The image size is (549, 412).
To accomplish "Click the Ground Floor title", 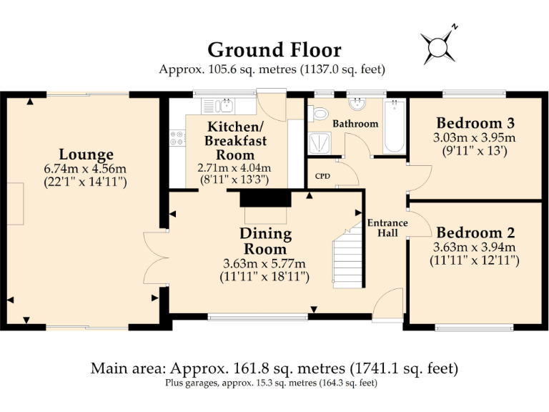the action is tap(274, 50).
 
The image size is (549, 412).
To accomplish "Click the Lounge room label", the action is tap(86, 154).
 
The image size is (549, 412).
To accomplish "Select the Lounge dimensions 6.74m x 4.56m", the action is tap(85, 169).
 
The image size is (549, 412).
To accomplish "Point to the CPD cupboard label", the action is tap(322, 176).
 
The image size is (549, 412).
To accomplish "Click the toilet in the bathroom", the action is tap(319, 114).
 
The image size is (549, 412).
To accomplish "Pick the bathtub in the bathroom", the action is tap(395, 127).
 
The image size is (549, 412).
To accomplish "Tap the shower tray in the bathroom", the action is tap(320, 143).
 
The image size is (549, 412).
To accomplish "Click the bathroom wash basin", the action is tap(357, 104).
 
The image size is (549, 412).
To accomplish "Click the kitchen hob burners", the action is tap(177, 137).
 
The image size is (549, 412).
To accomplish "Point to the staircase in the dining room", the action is tap(347, 256).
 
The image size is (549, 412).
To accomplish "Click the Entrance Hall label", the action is tap(387, 227).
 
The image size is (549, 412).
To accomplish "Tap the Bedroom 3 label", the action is tap(475, 123).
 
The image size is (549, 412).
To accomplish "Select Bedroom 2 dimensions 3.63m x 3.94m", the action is tap(475, 247).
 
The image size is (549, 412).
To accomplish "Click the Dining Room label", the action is tap(265, 241).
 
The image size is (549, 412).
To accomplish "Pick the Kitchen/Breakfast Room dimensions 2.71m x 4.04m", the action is tap(234, 168).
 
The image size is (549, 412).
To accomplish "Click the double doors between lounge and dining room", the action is tap(156, 257).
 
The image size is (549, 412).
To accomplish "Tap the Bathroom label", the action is tap(355, 124).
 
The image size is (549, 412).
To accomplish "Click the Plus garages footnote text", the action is tap(272, 383).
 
